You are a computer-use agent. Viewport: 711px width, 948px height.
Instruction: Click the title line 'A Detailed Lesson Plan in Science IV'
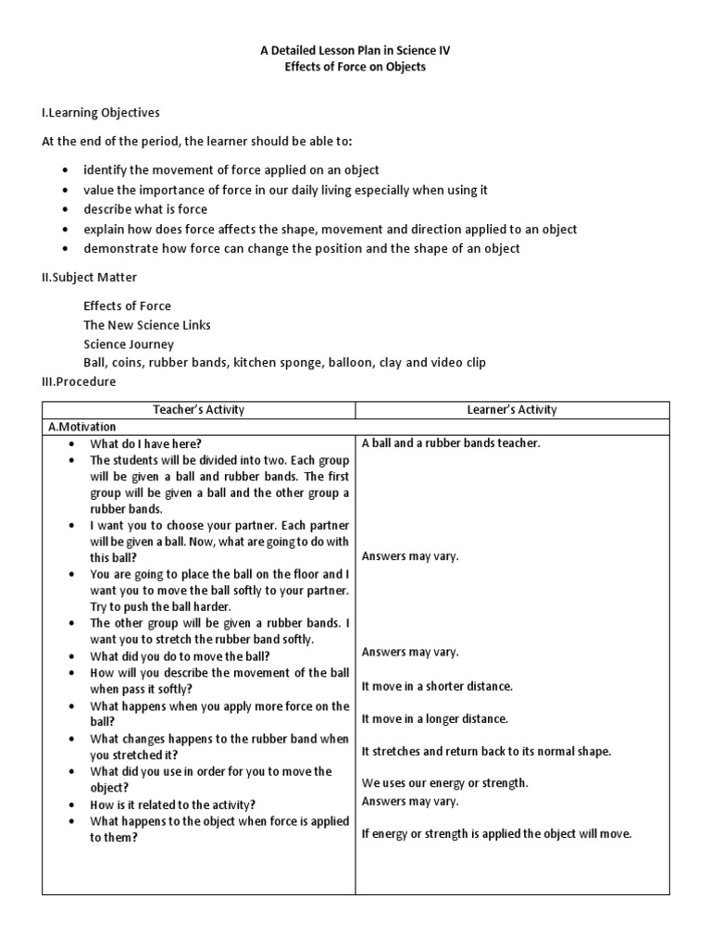(x=355, y=52)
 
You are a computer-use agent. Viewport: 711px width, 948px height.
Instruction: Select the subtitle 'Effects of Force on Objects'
(x=355, y=68)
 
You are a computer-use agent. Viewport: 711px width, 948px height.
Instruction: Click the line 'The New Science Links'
(x=146, y=325)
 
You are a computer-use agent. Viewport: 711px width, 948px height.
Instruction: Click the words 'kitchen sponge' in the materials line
(x=276, y=363)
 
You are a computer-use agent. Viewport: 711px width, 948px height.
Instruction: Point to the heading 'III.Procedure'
(x=80, y=381)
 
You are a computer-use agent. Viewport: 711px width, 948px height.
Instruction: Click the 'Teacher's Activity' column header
(x=199, y=409)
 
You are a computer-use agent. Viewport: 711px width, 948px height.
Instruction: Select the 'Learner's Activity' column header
(x=511, y=409)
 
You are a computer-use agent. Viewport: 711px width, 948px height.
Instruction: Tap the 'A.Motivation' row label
(x=81, y=427)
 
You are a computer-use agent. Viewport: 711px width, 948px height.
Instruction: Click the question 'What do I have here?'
(x=145, y=443)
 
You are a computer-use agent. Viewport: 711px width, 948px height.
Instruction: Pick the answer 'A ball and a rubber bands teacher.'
(x=451, y=443)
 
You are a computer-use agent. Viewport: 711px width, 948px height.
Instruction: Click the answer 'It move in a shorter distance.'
(x=437, y=686)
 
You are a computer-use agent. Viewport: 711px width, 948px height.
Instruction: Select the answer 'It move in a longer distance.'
(x=435, y=718)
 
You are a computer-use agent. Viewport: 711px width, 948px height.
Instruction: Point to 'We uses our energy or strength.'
(x=444, y=783)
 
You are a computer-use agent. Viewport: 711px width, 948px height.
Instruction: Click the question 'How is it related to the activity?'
(x=172, y=804)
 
